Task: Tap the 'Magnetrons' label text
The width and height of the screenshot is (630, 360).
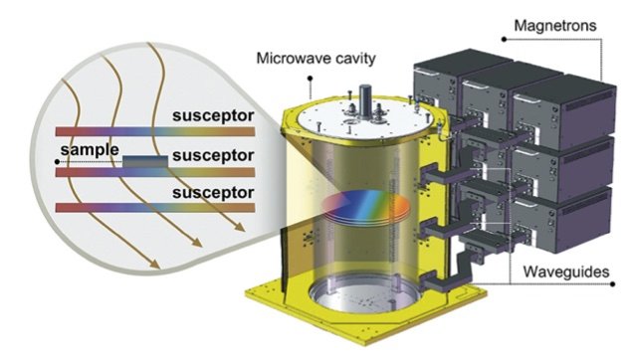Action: pyautogui.click(x=555, y=22)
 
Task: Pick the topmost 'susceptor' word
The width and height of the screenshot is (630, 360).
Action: pyautogui.click(x=210, y=116)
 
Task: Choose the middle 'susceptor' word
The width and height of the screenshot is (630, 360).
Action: pyautogui.click(x=210, y=156)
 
